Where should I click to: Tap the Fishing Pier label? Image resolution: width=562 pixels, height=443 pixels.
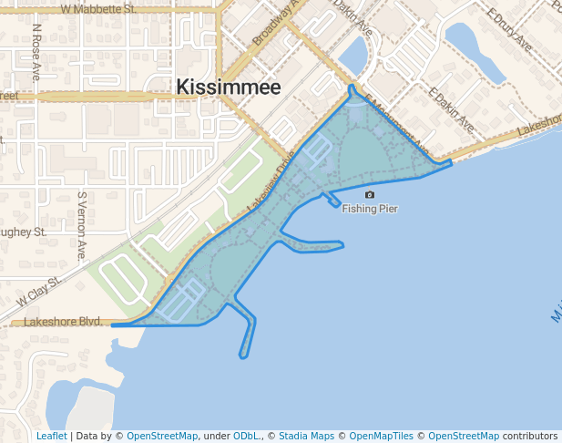coord(370,209)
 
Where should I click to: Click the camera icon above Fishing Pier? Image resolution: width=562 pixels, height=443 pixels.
coord(369,195)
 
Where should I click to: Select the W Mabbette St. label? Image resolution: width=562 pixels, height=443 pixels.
coord(98,8)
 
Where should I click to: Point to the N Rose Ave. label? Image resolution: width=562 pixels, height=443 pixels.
coord(37,53)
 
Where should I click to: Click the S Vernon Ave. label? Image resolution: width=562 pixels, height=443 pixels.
coord(82,225)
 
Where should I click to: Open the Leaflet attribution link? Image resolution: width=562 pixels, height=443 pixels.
coord(51,436)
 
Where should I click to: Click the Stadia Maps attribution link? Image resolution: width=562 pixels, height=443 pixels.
coord(306,436)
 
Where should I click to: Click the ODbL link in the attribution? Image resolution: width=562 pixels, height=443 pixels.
coord(247,436)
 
